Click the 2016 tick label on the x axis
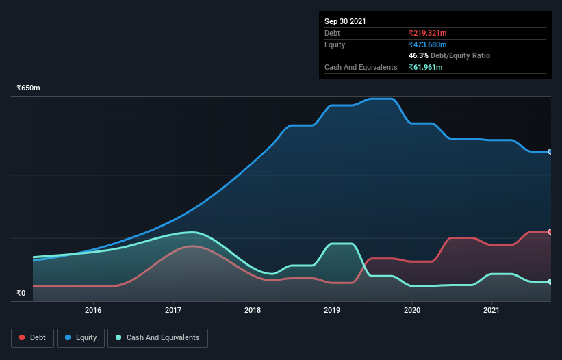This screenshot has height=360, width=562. pyautogui.click(x=93, y=310)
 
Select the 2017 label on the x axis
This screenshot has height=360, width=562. pyautogui.click(x=173, y=310)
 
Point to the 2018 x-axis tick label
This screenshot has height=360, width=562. pyautogui.click(x=253, y=310)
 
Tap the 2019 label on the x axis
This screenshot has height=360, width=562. pyautogui.click(x=332, y=310)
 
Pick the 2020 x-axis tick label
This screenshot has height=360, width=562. pyautogui.click(x=412, y=310)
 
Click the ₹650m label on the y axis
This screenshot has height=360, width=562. pyautogui.click(x=29, y=88)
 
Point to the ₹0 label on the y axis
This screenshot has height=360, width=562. pyautogui.click(x=21, y=293)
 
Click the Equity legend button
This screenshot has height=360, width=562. pyautogui.click(x=81, y=337)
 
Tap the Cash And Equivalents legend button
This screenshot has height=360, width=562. pyautogui.click(x=157, y=337)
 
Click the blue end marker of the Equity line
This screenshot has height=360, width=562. pyautogui.click(x=550, y=151)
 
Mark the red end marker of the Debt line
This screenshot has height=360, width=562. pyautogui.click(x=550, y=232)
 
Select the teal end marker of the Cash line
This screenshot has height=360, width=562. pyautogui.click(x=550, y=281)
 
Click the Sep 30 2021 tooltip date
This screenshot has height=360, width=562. pyautogui.click(x=345, y=21)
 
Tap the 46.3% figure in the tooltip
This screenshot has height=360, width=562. pyautogui.click(x=418, y=55)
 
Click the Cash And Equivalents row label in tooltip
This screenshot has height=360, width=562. pyautogui.click(x=361, y=67)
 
